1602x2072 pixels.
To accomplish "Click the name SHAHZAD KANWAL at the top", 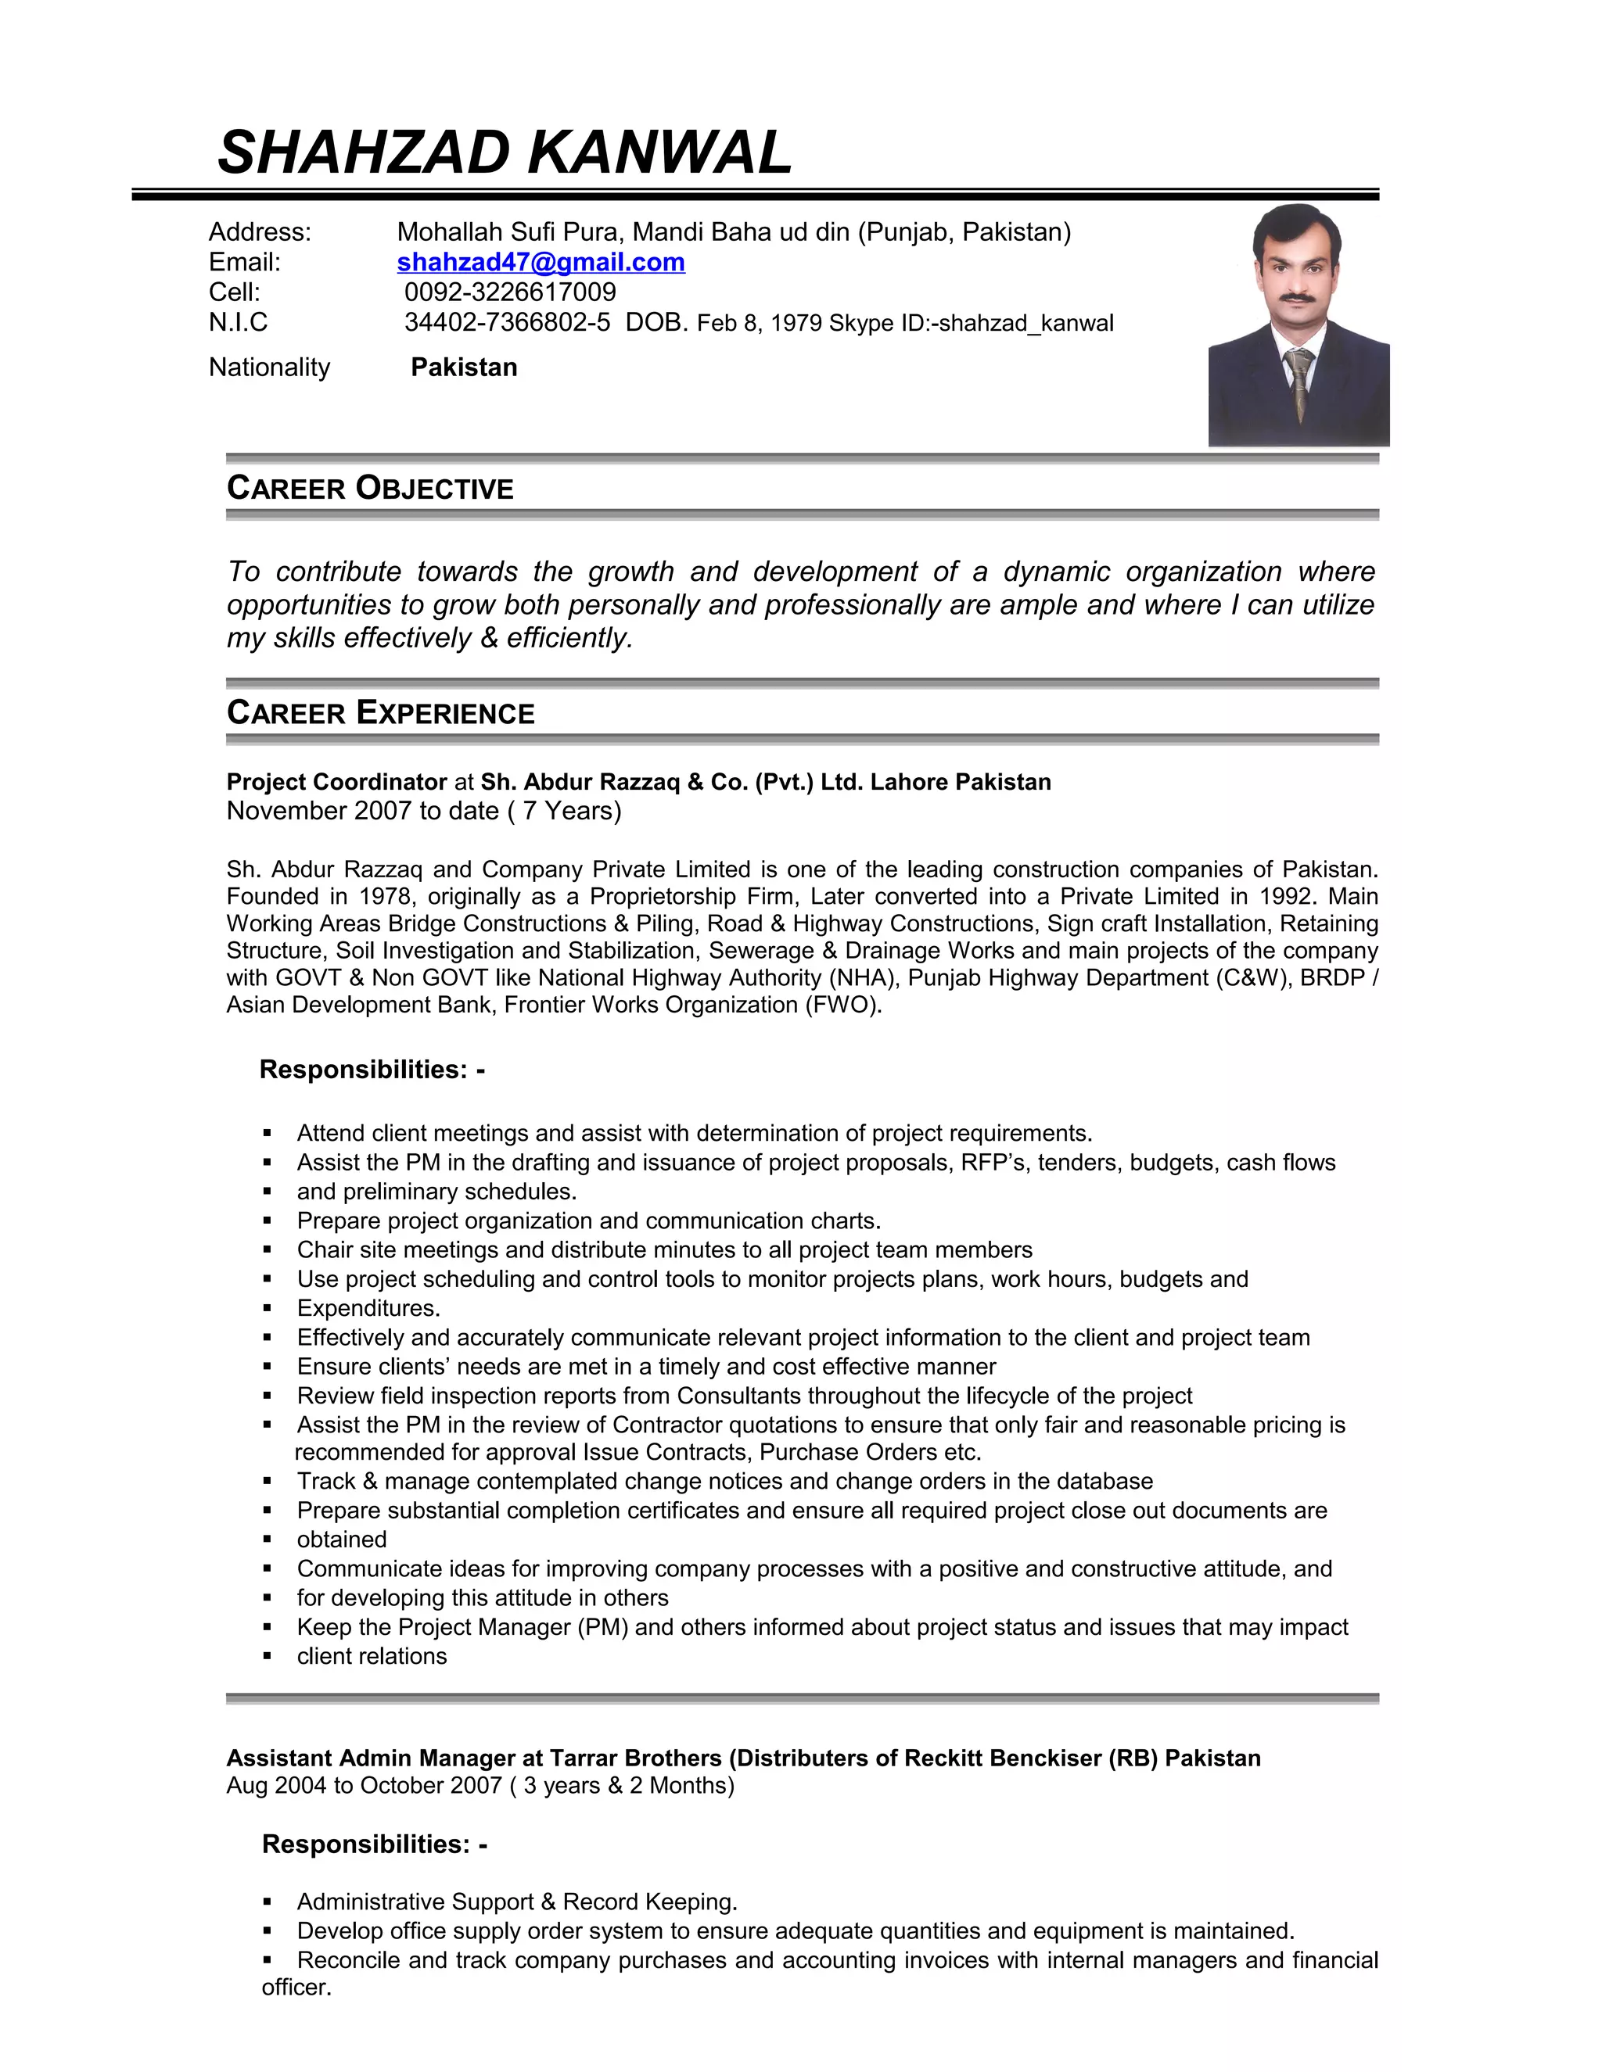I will coord(505,152).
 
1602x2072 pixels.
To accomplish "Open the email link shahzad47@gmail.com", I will coord(541,262).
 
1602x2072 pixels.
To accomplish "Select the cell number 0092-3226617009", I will coord(510,292).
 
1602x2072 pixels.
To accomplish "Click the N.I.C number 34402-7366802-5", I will coord(507,323).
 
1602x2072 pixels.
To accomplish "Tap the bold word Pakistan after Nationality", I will coord(464,367).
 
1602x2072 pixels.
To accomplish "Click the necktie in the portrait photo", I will coord(1299,379).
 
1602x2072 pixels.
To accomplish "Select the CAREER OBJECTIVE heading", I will coord(370,489).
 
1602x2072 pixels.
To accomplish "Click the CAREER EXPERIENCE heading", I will coord(381,713).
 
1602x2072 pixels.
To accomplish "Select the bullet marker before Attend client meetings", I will coord(268,1134).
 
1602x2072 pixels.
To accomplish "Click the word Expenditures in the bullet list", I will coord(368,1308).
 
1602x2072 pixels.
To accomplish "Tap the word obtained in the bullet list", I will coord(342,1540).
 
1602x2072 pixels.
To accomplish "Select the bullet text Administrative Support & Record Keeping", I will coord(517,1902).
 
